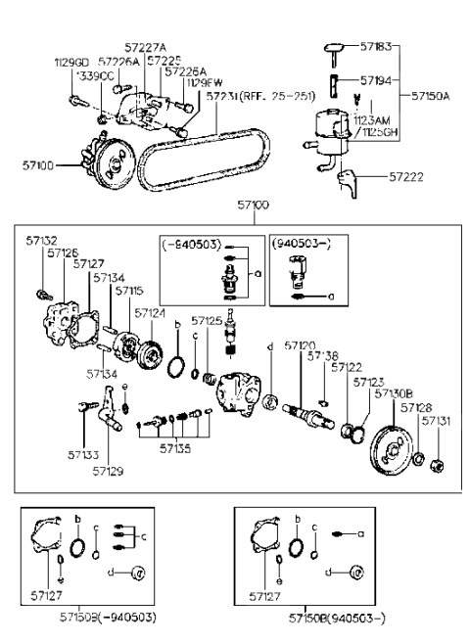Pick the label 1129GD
coord(71,62)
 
